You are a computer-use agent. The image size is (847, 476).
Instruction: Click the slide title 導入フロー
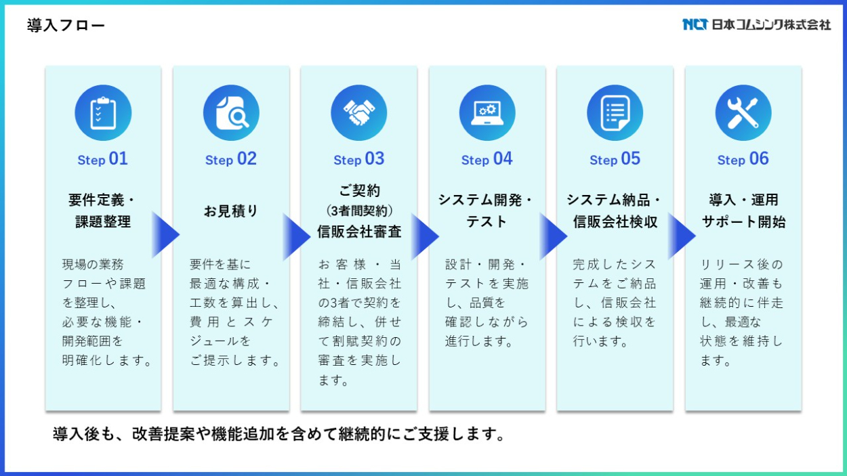pyautogui.click(x=66, y=26)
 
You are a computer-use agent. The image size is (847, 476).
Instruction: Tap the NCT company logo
pyautogui.click(x=756, y=25)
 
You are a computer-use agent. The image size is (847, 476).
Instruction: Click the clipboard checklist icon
pyautogui.click(x=103, y=113)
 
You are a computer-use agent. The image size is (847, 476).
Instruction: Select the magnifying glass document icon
pyautogui.click(x=231, y=113)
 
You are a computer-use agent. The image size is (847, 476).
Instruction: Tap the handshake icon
pyautogui.click(x=359, y=113)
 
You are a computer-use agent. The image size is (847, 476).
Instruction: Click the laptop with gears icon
pyautogui.click(x=487, y=113)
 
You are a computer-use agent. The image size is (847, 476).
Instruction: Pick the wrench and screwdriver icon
pyautogui.click(x=743, y=113)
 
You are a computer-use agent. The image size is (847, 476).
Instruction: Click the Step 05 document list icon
pyautogui.click(x=615, y=113)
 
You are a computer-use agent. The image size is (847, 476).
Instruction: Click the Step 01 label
pyautogui.click(x=103, y=160)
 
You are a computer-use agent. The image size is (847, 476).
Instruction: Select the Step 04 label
pyautogui.click(x=487, y=160)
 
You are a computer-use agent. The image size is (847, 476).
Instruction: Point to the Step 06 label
pyautogui.click(x=743, y=160)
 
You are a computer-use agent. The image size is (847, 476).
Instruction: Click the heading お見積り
pyautogui.click(x=231, y=211)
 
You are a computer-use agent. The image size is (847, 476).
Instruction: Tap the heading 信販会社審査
pyautogui.click(x=359, y=232)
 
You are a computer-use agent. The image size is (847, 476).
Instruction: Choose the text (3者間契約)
pyautogui.click(x=359, y=210)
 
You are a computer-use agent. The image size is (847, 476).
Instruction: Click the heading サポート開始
pyautogui.click(x=743, y=222)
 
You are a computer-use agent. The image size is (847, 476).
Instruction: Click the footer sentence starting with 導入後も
pyautogui.click(x=280, y=434)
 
